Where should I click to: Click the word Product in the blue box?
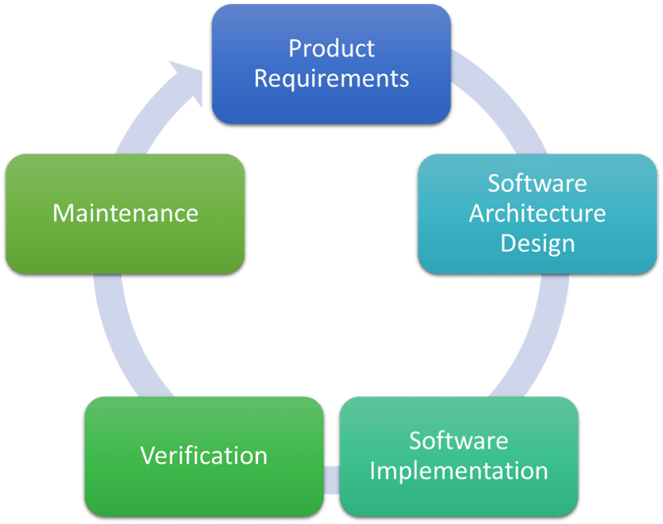pyautogui.click(x=331, y=49)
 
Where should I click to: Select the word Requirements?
pyautogui.click(x=331, y=78)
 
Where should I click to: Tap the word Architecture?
pyautogui.click(x=537, y=213)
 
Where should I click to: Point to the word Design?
pyautogui.click(x=537, y=243)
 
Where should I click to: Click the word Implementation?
pyautogui.click(x=459, y=471)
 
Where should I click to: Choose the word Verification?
pyautogui.click(x=204, y=456)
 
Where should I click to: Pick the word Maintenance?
pyautogui.click(x=126, y=213)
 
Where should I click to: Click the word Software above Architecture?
pyautogui.click(x=537, y=184)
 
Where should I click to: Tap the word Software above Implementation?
pyautogui.click(x=459, y=440)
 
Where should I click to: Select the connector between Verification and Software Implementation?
pyautogui.click(x=331, y=481)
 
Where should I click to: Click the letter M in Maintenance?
pyautogui.click(x=63, y=213)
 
